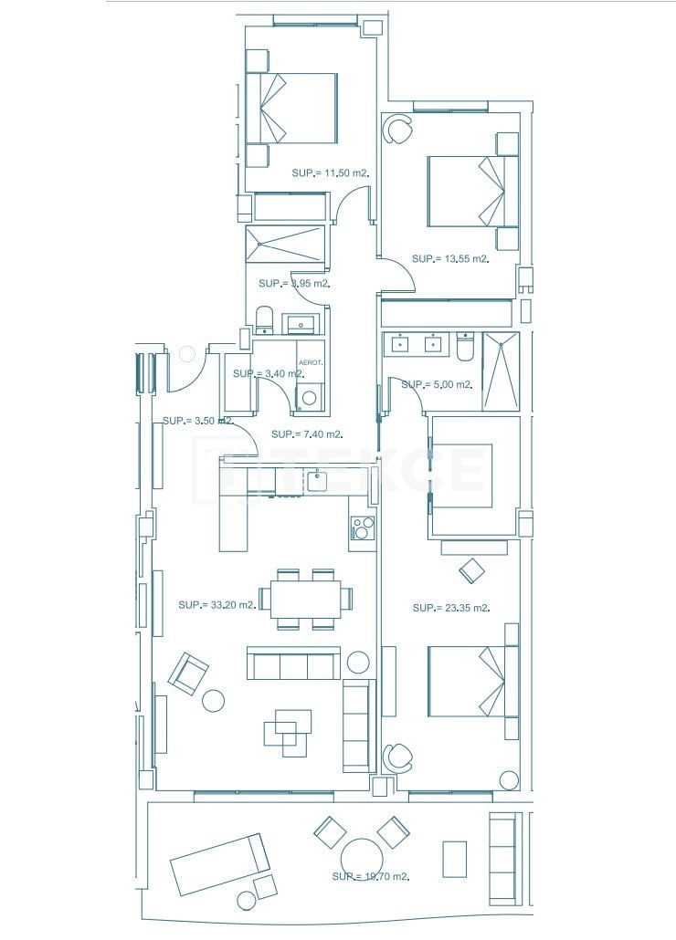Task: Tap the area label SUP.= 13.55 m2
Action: point(450,259)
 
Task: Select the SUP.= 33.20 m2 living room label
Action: point(217,604)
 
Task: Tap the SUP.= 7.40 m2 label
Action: point(307,434)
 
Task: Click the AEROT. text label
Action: point(312,362)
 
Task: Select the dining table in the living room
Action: point(305,599)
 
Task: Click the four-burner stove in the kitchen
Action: point(363,527)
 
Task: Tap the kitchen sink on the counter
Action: point(317,480)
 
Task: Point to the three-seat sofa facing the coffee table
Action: point(293,663)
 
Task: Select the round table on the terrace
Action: point(363,860)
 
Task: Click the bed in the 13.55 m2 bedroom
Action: point(466,192)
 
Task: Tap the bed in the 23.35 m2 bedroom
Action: point(466,681)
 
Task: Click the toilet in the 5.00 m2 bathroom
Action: point(464,348)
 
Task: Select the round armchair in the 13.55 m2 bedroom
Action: point(397,131)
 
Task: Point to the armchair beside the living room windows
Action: point(188,673)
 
